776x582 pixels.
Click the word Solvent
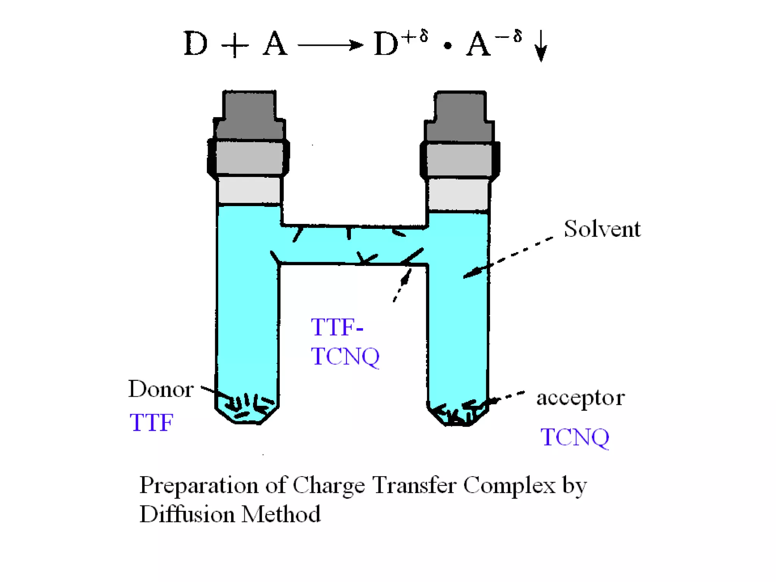click(602, 229)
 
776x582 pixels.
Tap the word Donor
click(161, 389)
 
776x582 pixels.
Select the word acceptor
click(580, 398)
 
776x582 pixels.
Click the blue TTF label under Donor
click(151, 422)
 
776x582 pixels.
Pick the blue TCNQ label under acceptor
click(575, 437)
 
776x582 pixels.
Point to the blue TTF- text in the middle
click(337, 327)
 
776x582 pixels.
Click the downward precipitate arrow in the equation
click(541, 45)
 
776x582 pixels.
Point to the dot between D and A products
click(447, 46)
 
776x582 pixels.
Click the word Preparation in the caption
click(199, 485)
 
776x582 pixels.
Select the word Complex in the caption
click(509, 485)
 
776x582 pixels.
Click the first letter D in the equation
click(196, 44)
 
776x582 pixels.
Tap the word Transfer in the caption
click(415, 485)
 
